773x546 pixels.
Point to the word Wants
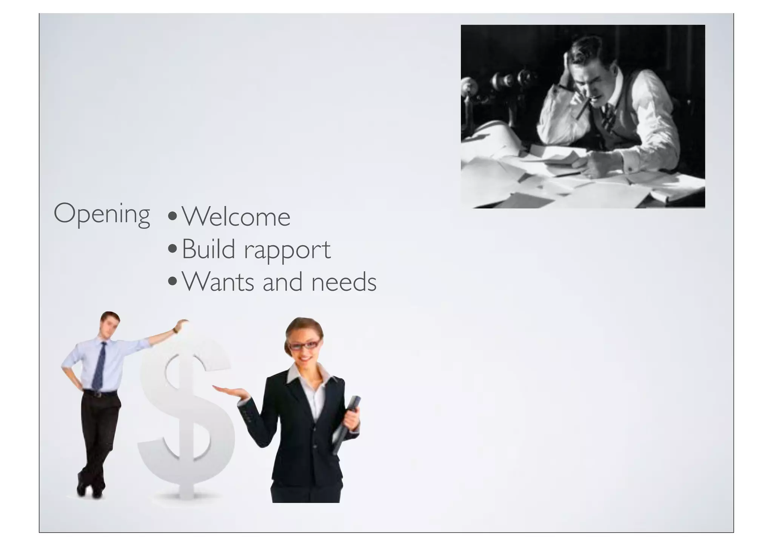pos(218,282)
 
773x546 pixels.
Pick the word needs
pos(343,282)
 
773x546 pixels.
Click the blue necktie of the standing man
pos(99,366)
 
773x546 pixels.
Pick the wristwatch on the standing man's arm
pos(175,330)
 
